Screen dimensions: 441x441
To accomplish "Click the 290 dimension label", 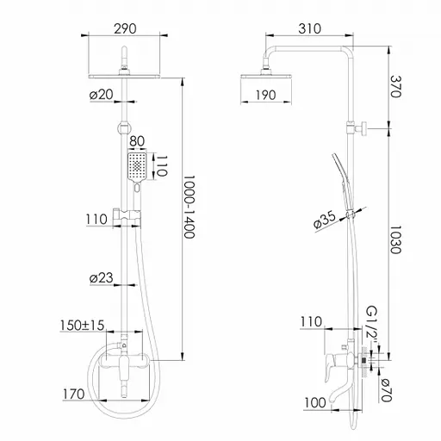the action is click(125, 28).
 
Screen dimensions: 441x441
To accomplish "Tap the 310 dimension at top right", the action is click(309, 28).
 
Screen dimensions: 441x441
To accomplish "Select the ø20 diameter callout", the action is click(102, 95).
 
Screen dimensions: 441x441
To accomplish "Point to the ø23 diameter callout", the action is click(102, 278).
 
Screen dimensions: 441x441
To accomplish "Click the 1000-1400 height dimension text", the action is click(189, 207).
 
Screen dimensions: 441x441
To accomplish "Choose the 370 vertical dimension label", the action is click(394, 86).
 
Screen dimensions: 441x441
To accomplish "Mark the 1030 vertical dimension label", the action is click(394, 239).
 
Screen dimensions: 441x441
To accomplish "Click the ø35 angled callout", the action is click(325, 220).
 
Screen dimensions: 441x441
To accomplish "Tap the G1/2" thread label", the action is click(372, 326).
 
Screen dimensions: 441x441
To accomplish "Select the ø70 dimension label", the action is click(386, 390).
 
